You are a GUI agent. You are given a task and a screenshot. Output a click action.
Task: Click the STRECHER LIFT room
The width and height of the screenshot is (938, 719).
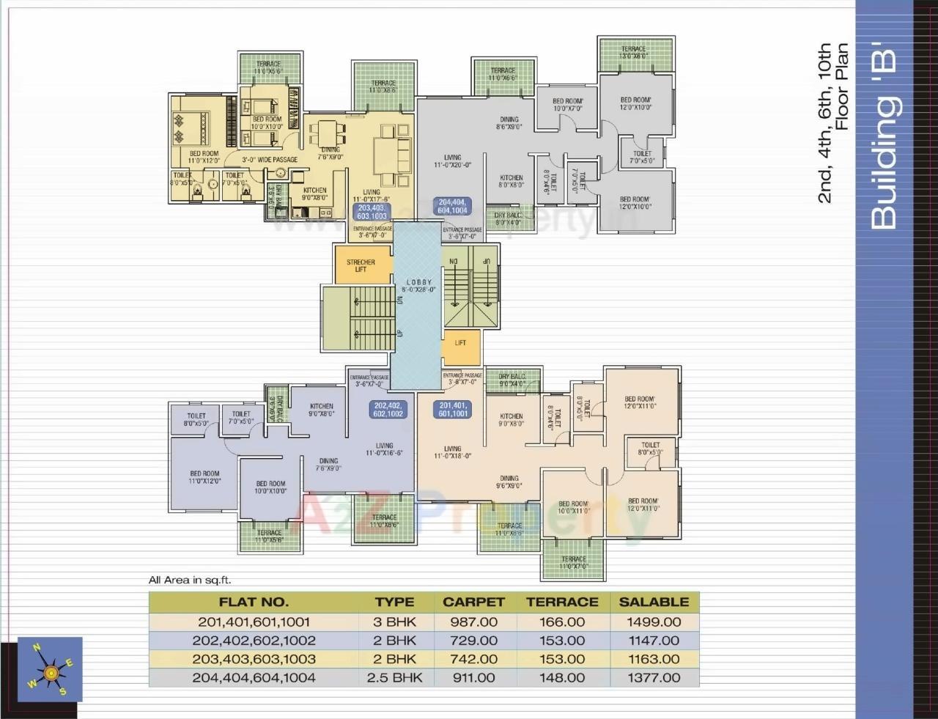click(x=361, y=265)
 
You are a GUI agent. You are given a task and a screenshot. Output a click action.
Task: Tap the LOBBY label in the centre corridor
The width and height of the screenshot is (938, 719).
click(x=418, y=282)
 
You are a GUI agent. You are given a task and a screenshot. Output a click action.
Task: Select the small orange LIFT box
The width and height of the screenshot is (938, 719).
click(x=460, y=343)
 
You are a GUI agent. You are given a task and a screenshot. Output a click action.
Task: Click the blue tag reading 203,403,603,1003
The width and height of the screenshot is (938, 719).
click(x=372, y=212)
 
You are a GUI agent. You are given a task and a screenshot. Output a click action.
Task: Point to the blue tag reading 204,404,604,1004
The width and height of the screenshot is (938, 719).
click(x=452, y=206)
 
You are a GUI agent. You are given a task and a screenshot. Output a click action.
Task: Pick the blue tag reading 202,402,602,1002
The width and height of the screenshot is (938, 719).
click(x=388, y=410)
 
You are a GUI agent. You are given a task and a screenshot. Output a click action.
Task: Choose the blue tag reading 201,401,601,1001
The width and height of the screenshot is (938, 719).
click(x=453, y=410)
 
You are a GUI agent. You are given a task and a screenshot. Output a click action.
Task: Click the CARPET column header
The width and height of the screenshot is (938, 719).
click(x=473, y=602)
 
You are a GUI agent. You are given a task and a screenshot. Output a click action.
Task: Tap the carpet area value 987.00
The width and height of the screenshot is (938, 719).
click(x=473, y=622)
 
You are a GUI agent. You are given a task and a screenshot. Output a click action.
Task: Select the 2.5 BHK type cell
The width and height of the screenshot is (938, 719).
click(x=394, y=677)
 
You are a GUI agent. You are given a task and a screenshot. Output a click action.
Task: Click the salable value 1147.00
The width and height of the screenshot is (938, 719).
click(x=654, y=640)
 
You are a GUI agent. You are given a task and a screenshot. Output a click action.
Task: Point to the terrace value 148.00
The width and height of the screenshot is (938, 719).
click(x=562, y=677)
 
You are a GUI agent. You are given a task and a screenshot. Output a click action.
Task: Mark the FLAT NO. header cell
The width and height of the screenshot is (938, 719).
click(x=254, y=602)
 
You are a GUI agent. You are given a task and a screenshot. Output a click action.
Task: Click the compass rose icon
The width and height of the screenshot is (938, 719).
click(x=50, y=669)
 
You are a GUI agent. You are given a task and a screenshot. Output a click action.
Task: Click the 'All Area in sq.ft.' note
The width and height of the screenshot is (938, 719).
click(x=190, y=580)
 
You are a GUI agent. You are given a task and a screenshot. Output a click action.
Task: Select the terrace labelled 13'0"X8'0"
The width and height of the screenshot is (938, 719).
click(x=635, y=53)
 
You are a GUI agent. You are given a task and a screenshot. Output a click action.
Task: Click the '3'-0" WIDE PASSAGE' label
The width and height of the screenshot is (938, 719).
click(x=270, y=159)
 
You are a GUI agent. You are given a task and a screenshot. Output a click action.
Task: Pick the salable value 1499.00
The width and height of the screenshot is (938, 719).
click(x=654, y=622)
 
